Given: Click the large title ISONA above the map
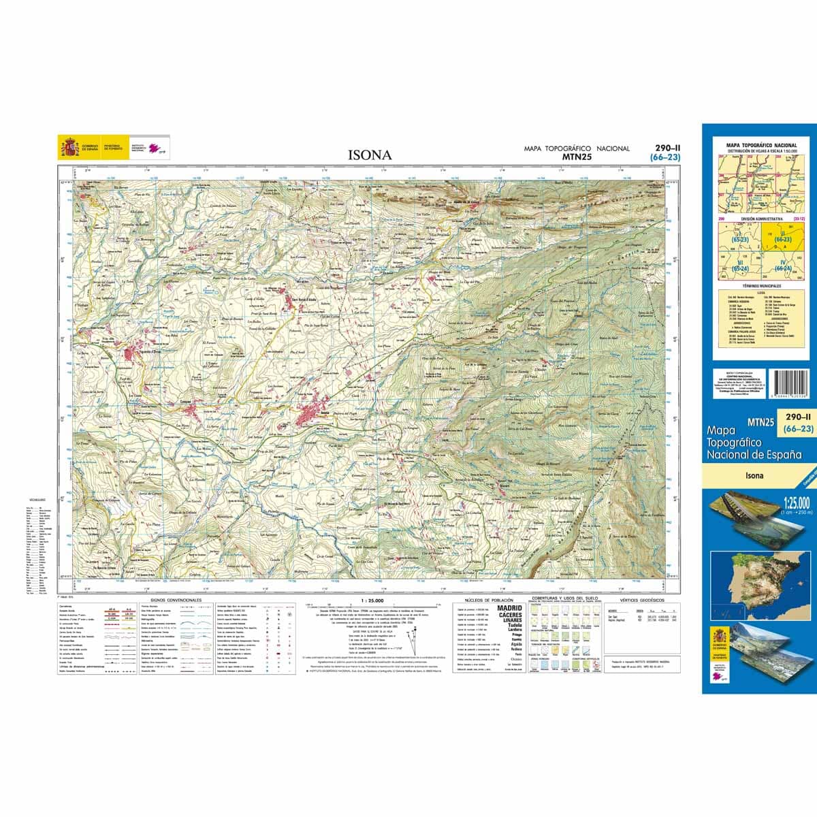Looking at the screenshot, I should [x=370, y=155].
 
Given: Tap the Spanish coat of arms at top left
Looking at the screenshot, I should [x=69, y=146].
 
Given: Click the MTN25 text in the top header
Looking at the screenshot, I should [x=577, y=157].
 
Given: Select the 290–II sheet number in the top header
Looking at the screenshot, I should [x=667, y=148].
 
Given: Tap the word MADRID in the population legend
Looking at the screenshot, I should [x=510, y=608].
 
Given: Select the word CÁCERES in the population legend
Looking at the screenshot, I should [x=510, y=615].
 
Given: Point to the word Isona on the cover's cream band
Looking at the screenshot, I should [x=754, y=476].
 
